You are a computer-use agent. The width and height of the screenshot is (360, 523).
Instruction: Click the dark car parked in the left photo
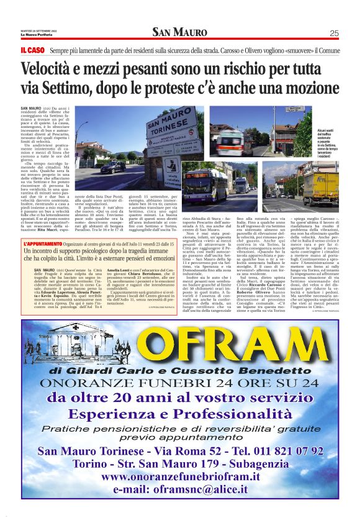113,166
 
